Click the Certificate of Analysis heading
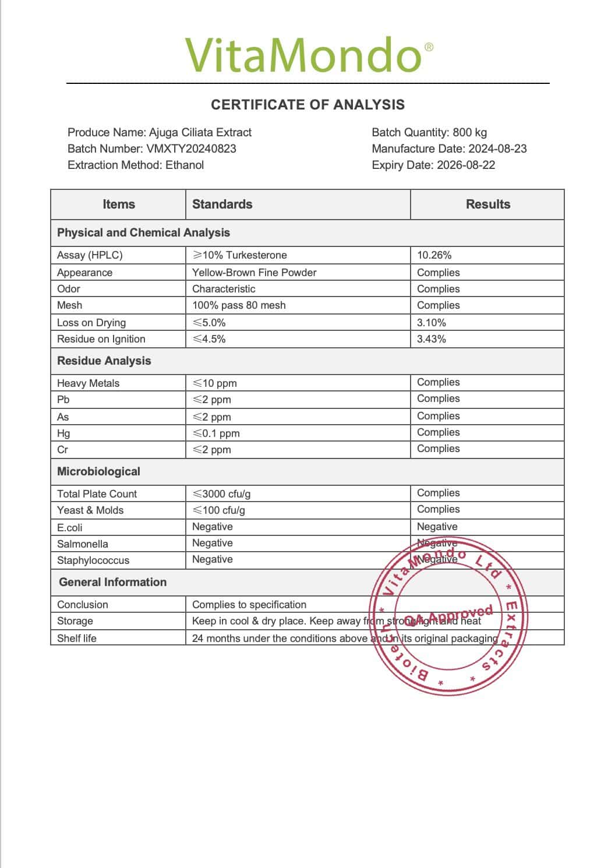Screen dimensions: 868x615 [307, 105]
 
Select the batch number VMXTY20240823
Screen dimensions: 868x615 [191, 149]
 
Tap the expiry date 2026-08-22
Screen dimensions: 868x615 [464, 165]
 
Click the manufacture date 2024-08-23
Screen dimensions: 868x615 [496, 149]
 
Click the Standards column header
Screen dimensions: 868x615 [222, 204]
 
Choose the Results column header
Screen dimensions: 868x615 [487, 204]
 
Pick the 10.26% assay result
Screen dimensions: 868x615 [434, 255]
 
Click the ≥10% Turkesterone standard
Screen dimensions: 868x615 [239, 255]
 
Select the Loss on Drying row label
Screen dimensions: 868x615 [91, 323]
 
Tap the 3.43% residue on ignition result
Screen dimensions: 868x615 [432, 339]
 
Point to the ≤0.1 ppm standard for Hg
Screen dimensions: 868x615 [216, 433]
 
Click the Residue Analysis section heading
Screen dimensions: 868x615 [104, 361]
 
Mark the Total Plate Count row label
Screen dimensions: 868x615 [97, 494]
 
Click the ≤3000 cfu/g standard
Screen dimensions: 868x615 [221, 494]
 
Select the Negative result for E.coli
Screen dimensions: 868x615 [437, 527]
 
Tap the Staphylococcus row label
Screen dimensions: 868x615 [93, 560]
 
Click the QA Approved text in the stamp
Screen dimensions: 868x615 [448, 616]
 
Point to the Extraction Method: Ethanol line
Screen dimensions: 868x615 [136, 165]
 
